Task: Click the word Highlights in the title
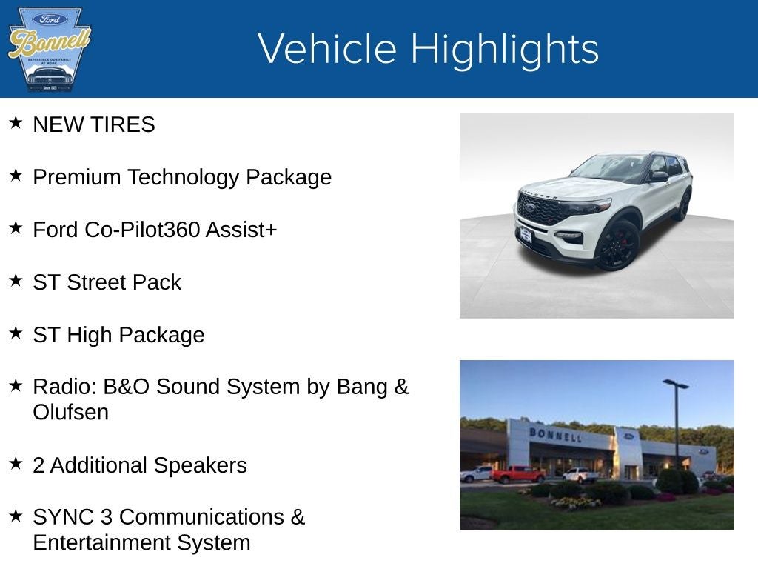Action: coord(505,49)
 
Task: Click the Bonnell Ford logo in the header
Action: coord(49,49)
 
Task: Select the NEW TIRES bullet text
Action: coord(94,124)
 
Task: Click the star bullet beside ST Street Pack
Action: coord(16,280)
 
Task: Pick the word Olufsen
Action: coord(71,412)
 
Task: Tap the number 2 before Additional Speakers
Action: coord(38,465)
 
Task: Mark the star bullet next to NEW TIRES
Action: coord(16,122)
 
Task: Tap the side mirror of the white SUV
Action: coord(657,176)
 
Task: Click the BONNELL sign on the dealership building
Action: coord(555,434)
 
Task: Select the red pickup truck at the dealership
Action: coord(517,474)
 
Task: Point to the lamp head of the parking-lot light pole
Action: coord(676,384)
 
